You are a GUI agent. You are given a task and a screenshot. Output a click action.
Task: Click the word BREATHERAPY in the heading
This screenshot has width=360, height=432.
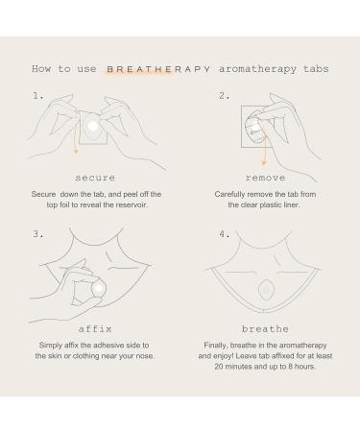click(x=149, y=69)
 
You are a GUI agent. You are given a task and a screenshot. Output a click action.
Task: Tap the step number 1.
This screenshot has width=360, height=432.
click(x=36, y=96)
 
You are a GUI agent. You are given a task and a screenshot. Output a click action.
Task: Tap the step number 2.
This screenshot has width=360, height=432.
click(x=223, y=96)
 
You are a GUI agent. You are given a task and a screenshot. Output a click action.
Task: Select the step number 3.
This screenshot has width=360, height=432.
click(x=36, y=233)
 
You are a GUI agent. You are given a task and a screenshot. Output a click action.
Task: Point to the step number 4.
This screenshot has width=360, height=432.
click(x=223, y=233)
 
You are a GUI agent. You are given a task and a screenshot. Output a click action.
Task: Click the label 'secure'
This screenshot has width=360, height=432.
click(x=95, y=178)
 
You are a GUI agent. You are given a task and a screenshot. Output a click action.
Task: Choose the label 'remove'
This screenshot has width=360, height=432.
click(x=265, y=178)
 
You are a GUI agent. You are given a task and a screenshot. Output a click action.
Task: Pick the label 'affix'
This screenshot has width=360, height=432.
click(x=95, y=329)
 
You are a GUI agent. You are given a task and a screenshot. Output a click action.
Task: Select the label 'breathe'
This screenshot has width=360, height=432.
click(x=265, y=329)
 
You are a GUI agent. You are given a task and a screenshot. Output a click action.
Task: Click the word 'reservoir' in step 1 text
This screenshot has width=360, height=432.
click(x=142, y=204)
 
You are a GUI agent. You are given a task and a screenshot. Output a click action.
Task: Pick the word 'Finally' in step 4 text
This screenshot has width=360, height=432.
click(x=218, y=345)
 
